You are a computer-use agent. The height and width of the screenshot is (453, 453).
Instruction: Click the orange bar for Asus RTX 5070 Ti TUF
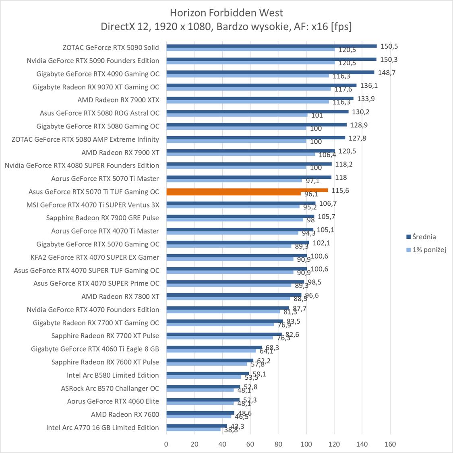click(247, 190)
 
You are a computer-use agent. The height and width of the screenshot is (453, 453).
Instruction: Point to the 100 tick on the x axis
click(306, 444)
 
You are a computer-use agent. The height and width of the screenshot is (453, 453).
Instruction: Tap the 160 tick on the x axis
click(390, 444)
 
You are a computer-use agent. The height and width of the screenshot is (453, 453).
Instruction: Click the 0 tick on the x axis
click(166, 444)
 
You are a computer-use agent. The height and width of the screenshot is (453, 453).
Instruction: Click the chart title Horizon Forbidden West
click(226, 12)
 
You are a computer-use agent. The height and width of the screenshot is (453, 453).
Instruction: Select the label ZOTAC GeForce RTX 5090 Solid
click(111, 48)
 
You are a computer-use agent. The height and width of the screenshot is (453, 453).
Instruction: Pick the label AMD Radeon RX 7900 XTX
click(118, 100)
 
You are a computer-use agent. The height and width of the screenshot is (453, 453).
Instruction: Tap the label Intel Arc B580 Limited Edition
click(113, 375)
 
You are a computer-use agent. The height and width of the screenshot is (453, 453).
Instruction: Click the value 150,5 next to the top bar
click(389, 46)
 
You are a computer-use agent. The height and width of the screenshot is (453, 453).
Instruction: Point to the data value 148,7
click(387, 72)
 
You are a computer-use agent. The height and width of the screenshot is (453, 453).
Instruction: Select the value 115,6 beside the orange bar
click(340, 190)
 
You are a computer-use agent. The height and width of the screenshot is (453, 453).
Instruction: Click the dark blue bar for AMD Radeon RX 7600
click(200, 413)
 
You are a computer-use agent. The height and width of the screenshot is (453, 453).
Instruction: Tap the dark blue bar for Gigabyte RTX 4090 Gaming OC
click(270, 72)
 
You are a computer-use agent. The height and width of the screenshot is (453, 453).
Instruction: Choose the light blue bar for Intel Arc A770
click(193, 429)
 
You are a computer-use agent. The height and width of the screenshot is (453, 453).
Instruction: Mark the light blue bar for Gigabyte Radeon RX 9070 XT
click(248, 89)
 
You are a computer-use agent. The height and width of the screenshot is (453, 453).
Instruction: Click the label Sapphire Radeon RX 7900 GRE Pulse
click(103, 218)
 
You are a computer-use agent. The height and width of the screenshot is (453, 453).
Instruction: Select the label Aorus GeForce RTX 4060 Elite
click(113, 401)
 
